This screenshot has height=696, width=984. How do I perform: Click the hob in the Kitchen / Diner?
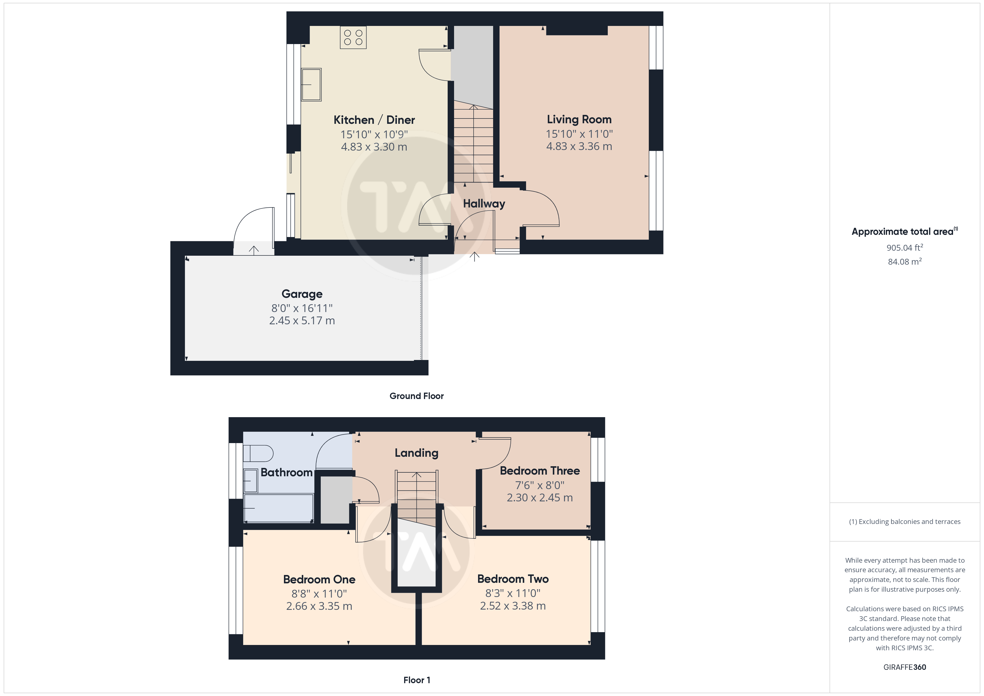point(353,37)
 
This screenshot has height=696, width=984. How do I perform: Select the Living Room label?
point(579,120)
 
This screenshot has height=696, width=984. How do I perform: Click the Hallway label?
point(484,204)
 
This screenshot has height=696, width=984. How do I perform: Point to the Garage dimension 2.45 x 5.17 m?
point(302,321)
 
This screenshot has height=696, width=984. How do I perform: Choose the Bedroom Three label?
point(540,471)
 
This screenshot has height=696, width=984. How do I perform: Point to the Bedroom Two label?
point(513,579)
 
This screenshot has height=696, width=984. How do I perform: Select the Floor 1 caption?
point(417,680)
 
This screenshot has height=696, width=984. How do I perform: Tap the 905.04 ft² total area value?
point(905,247)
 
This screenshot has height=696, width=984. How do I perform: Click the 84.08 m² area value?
point(905,262)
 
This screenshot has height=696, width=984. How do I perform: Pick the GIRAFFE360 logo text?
point(905,667)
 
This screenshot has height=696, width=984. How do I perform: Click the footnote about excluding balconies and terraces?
point(905,521)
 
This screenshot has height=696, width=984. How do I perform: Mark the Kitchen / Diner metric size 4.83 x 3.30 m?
point(374,147)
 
